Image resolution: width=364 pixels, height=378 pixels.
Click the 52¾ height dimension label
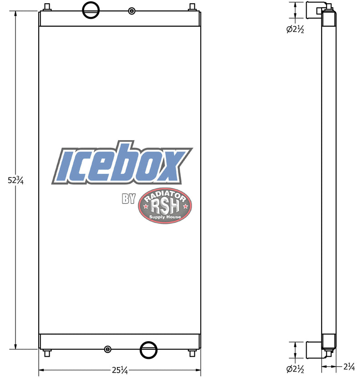tap(15, 180)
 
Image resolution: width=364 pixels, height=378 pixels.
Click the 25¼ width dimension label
tap(119, 370)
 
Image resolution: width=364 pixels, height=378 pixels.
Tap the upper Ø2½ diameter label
tap(295, 30)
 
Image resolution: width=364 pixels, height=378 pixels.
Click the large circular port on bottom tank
tap(149, 350)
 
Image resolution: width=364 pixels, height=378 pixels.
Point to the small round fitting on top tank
tap(131, 11)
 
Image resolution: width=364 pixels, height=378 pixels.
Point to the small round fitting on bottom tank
tap(107, 349)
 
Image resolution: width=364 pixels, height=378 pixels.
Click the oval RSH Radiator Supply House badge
tap(165, 205)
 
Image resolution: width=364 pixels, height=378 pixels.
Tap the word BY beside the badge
tap(129, 199)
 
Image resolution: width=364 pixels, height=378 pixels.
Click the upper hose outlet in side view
tap(315, 9)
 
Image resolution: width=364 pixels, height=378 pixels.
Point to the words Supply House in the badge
tap(166, 217)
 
